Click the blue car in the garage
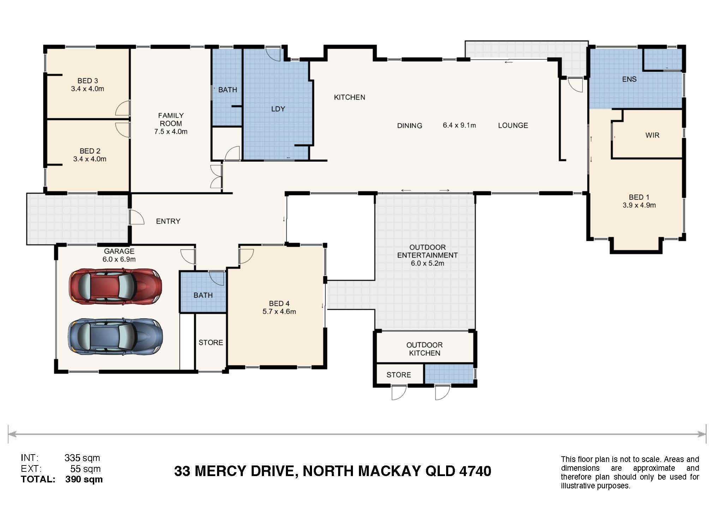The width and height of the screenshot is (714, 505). tap(115, 337)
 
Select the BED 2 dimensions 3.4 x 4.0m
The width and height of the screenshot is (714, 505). tap(90, 159)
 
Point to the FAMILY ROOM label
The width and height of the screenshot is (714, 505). tap(171, 119)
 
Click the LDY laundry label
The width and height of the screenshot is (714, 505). tap(278, 109)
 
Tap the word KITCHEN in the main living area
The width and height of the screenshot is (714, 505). tap(349, 97)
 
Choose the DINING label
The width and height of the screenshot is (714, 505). tap(409, 125)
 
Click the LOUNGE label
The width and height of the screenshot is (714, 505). tap(513, 125)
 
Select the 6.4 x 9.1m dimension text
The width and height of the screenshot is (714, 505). tap(459, 125)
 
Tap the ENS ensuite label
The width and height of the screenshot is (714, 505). tap(629, 79)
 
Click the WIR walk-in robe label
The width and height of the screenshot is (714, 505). tap(652, 135)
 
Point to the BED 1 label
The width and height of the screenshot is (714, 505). tap(639, 197)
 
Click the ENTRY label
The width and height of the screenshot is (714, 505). tap(168, 221)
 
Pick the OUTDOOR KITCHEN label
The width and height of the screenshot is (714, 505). tap(425, 349)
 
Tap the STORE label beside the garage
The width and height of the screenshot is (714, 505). tap(211, 342)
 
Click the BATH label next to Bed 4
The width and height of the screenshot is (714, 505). tap(203, 295)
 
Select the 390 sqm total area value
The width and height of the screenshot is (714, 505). tap(84, 479)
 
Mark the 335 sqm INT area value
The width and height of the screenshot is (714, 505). tap(82, 458)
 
